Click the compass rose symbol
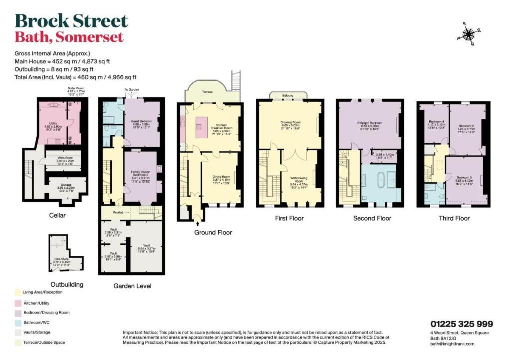(468, 34)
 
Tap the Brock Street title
(71, 21)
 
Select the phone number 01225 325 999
(461, 324)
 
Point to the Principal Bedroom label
(369, 123)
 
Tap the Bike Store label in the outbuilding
(61, 259)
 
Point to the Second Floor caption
(372, 218)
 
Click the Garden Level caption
(132, 286)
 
